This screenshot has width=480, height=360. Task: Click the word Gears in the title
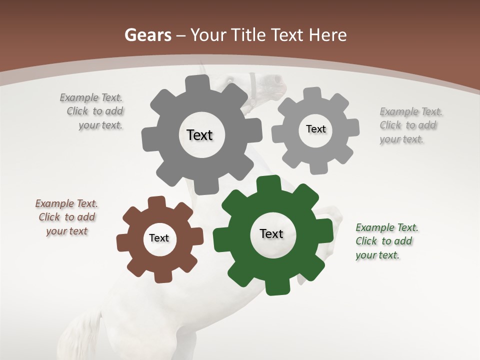point(147,35)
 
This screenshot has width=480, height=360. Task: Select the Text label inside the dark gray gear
point(199,135)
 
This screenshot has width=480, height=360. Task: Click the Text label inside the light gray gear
point(315,129)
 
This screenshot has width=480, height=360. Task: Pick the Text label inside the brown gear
point(159,238)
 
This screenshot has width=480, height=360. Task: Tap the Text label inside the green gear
point(271,233)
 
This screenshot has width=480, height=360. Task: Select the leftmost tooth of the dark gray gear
point(148,139)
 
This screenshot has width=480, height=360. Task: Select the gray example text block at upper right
point(410,125)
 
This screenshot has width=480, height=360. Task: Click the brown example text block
point(66,217)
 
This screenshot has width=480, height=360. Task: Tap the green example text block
point(386,241)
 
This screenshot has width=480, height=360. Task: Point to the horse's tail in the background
point(82,332)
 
